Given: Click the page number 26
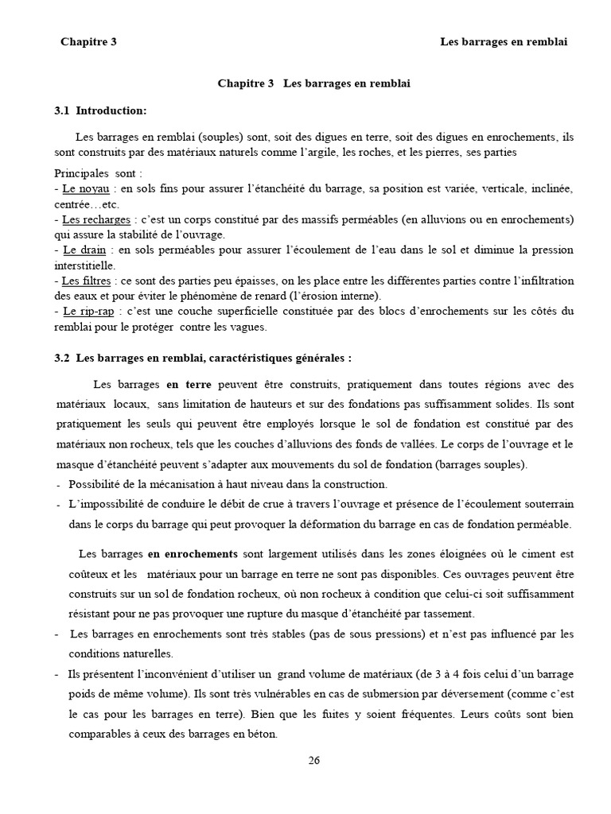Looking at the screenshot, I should click(x=313, y=760).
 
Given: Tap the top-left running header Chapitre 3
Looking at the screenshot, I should click(x=88, y=42).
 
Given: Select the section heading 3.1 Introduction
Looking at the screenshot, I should click(x=100, y=110).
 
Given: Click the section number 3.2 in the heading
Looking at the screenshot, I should click(x=62, y=358).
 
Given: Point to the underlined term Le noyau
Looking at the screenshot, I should click(x=84, y=189).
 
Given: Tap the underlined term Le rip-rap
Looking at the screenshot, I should click(x=87, y=311).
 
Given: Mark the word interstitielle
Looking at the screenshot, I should click(x=84, y=265).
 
